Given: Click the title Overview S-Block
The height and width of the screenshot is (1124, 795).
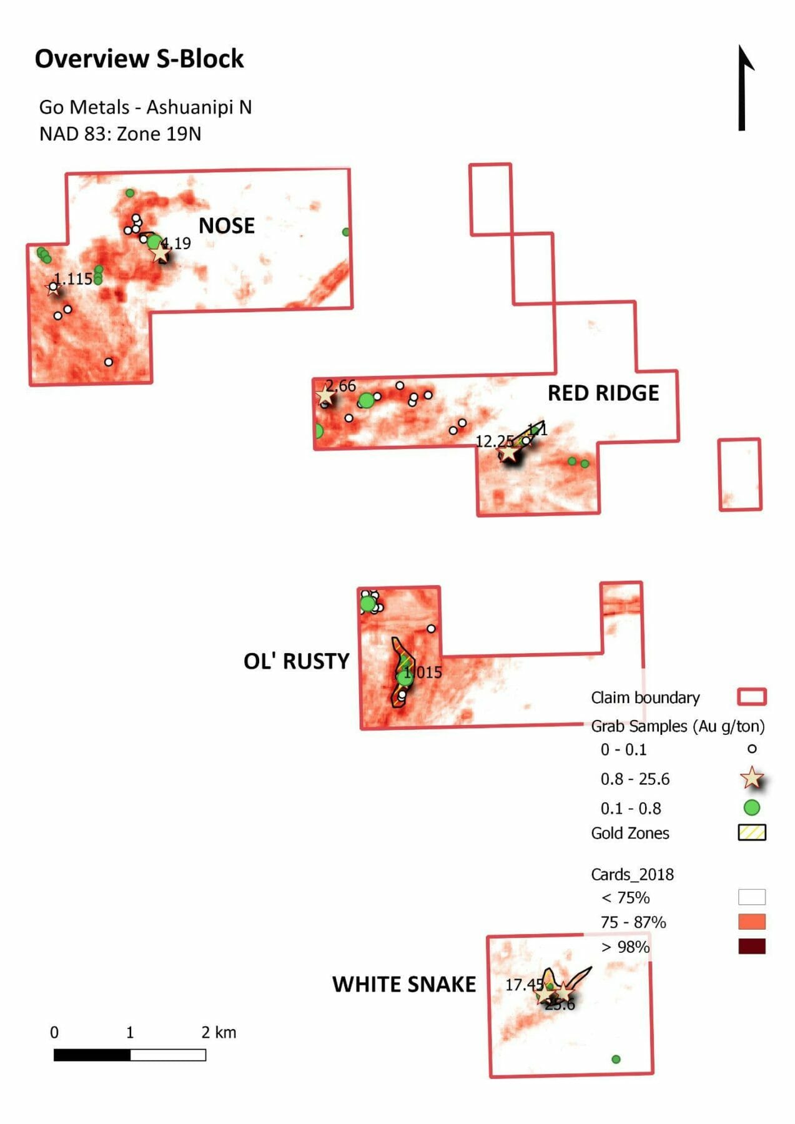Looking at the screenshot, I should [x=139, y=59].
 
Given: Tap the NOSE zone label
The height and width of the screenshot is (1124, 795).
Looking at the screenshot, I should [x=226, y=225].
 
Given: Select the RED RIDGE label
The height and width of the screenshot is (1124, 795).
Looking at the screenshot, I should [x=603, y=393].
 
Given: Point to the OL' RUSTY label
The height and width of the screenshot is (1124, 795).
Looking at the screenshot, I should [x=296, y=661].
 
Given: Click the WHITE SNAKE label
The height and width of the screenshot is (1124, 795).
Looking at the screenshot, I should [x=403, y=984].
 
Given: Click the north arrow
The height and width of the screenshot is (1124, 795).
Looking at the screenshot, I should [x=743, y=87].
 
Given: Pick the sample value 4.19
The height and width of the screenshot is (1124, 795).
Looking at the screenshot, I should [x=177, y=244].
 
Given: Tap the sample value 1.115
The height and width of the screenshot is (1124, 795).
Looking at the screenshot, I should [x=73, y=279].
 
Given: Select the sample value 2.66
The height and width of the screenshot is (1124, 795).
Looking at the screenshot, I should [x=341, y=386].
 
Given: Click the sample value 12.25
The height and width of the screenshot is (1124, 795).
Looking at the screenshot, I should [x=494, y=441].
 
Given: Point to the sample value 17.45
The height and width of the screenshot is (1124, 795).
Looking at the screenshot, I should [x=523, y=985].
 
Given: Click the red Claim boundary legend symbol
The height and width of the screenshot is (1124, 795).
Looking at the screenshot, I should [x=751, y=697].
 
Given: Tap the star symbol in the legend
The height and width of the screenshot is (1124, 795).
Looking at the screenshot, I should [x=751, y=778].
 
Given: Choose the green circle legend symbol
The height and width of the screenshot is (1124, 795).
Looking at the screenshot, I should [x=751, y=808].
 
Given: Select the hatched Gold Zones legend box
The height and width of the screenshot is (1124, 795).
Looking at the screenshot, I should [x=751, y=833].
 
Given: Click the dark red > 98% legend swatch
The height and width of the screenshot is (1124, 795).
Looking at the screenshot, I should [x=751, y=947].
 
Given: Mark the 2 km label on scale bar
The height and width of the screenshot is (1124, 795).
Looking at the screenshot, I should [x=219, y=1032].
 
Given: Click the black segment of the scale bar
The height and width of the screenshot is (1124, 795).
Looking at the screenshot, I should [x=92, y=1055].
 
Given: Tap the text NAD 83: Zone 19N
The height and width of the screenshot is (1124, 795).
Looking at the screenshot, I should [x=120, y=134].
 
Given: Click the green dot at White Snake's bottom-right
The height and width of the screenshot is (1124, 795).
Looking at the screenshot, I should [x=616, y=1059].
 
